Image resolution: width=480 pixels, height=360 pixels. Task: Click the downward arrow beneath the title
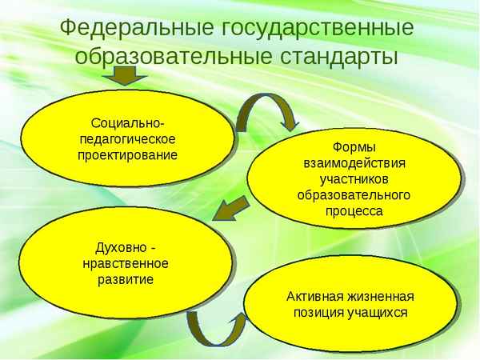point(124,75)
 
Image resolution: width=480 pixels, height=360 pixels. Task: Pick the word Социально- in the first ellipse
point(128,122)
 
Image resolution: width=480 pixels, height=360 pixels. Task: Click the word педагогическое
point(128,138)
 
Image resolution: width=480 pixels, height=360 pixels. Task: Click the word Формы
point(354,148)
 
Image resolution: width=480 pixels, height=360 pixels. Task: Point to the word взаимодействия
point(354,163)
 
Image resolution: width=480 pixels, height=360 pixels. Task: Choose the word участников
point(354,179)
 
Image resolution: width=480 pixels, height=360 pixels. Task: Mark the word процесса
point(354,211)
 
